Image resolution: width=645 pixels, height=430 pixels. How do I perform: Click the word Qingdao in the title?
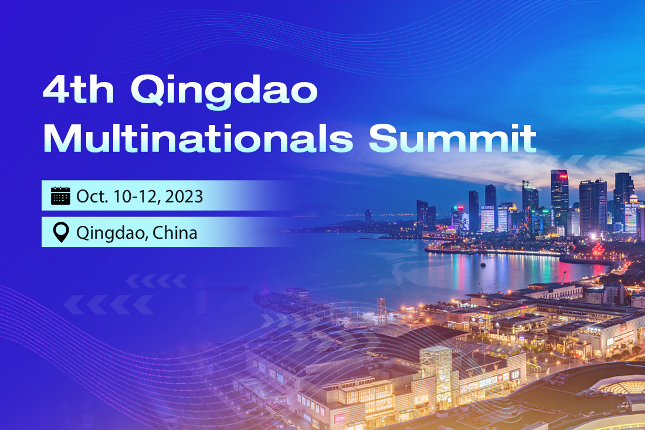224,92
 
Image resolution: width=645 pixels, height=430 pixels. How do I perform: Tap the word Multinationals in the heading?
198,138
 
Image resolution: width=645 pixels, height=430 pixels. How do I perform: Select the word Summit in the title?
453,138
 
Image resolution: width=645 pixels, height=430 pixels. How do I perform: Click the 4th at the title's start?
79,90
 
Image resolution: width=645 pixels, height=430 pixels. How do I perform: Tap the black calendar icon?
60,196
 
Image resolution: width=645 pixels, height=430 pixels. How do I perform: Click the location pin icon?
61,232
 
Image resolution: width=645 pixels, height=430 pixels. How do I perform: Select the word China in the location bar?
175,233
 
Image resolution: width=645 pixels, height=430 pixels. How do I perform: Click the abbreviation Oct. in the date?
92,197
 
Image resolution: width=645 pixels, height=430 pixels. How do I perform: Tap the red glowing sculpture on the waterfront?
598,249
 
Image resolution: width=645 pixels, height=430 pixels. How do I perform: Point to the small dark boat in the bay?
483,265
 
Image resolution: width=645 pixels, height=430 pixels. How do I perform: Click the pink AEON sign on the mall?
340,418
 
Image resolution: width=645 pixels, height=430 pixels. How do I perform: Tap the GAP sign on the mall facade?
515,374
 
